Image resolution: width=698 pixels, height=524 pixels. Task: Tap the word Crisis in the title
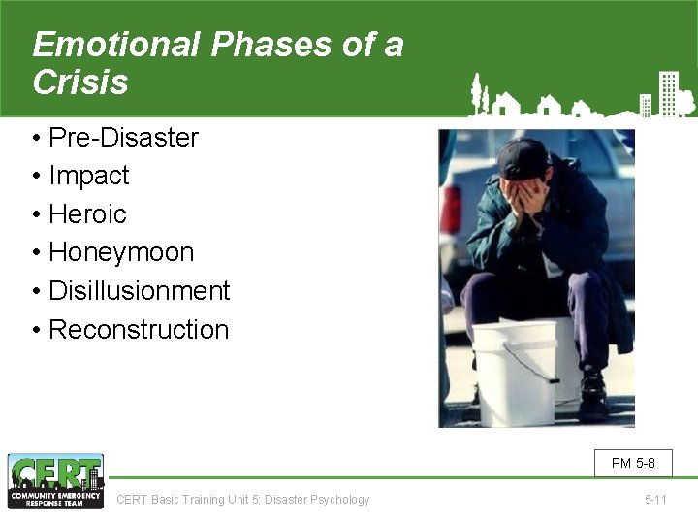(79, 82)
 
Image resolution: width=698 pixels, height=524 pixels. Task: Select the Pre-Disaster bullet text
(123, 138)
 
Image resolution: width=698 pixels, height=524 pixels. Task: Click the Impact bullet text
(88, 176)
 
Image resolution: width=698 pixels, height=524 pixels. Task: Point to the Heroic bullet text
(87, 214)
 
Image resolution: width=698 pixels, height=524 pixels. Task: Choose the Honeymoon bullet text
(121, 252)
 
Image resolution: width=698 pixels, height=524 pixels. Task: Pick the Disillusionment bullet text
(139, 291)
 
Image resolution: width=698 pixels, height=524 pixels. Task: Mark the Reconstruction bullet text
(138, 330)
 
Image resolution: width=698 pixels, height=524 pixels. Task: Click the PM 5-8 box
(633, 463)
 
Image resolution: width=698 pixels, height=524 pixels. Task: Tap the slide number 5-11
(656, 500)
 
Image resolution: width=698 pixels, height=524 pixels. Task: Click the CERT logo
(55, 481)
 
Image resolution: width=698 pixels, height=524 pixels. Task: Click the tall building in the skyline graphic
(667, 93)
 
